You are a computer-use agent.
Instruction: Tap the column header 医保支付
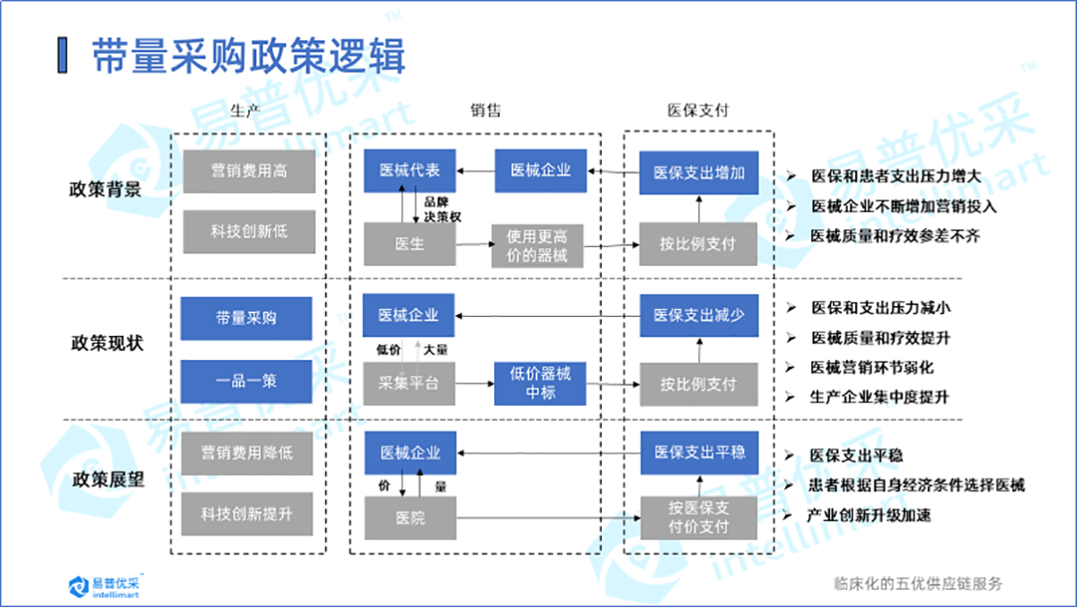(x=697, y=110)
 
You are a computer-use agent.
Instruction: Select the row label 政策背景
(x=106, y=189)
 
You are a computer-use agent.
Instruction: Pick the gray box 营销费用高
(x=249, y=171)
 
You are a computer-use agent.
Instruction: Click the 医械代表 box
(x=410, y=170)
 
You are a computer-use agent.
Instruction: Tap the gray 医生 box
(x=410, y=244)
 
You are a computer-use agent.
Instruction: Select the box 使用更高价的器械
(x=537, y=245)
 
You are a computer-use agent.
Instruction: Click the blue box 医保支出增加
(x=699, y=172)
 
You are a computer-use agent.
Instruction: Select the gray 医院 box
(x=410, y=518)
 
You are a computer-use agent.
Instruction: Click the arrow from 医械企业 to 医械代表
(x=476, y=170)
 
